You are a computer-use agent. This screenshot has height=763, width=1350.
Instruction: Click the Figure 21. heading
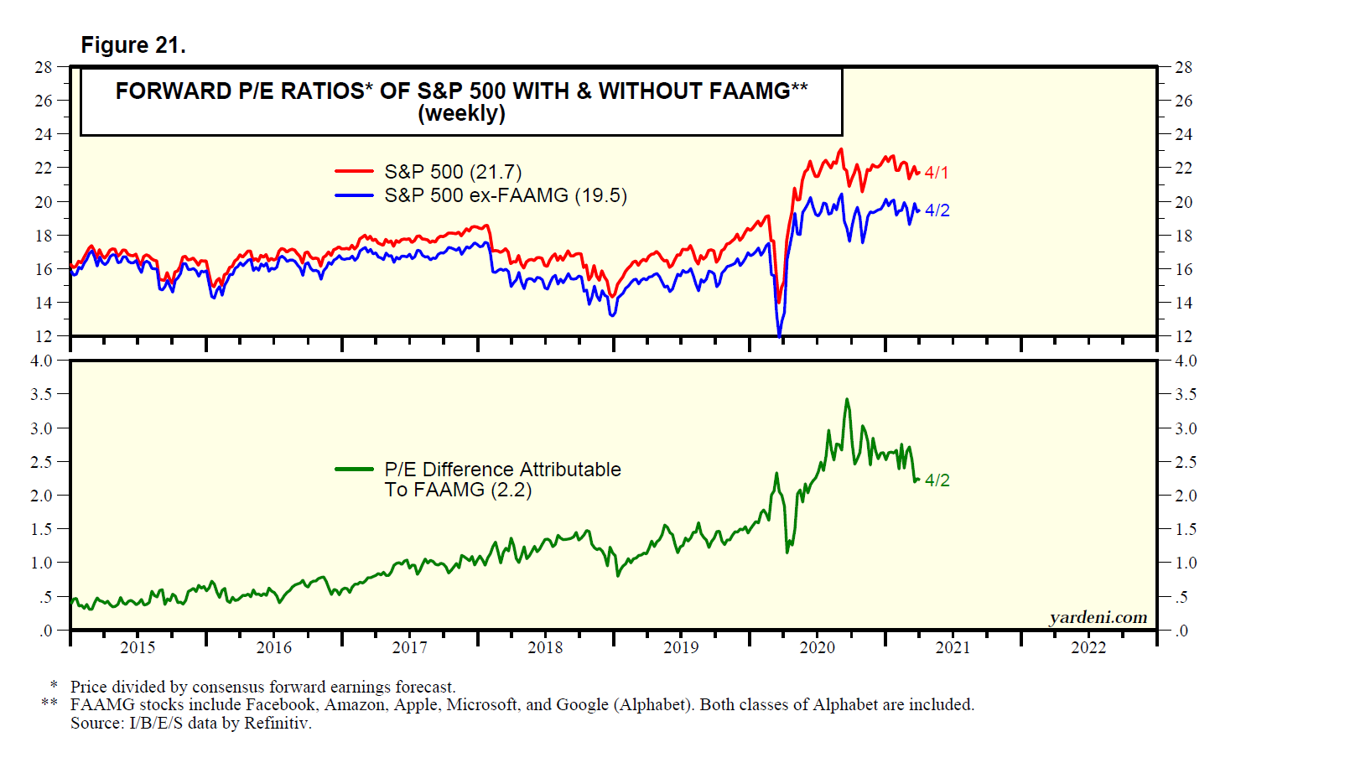tap(132, 45)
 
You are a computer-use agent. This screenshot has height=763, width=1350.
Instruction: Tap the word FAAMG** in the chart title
tap(754, 91)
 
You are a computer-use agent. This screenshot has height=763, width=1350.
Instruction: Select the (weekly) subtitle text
tap(461, 113)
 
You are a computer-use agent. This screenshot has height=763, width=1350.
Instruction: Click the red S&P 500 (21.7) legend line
tap(354, 171)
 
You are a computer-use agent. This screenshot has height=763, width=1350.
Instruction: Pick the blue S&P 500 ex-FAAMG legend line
tap(354, 195)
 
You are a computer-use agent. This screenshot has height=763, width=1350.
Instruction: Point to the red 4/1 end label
tap(937, 173)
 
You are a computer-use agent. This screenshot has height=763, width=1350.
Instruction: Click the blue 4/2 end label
tap(937, 210)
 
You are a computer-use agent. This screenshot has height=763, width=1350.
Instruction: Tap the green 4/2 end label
tap(937, 480)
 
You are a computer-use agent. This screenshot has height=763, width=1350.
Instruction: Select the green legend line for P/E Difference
tap(354, 470)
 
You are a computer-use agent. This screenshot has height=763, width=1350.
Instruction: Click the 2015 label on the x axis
tap(138, 647)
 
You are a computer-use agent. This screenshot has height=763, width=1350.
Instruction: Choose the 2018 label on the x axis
tap(545, 647)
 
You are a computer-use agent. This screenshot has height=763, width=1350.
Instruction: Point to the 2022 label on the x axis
tap(1088, 647)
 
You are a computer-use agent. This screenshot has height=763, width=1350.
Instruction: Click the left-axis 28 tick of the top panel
tap(43, 67)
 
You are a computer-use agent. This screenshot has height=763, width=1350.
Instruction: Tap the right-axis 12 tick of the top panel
tap(1183, 336)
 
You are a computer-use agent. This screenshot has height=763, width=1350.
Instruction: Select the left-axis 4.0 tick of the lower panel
tap(41, 361)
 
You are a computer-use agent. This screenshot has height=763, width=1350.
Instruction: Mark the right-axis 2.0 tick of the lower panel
tap(1186, 496)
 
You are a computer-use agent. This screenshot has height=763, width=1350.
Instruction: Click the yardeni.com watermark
tap(1098, 617)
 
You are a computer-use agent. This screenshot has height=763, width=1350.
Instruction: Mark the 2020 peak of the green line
tap(847, 400)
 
